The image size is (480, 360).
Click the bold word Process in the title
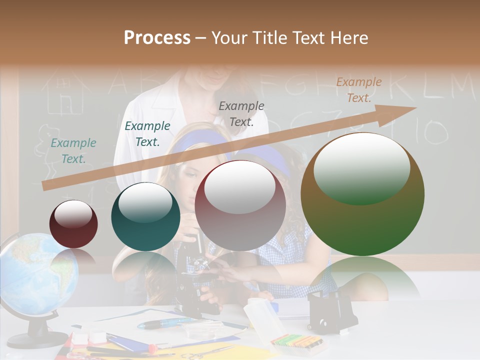click(157, 38)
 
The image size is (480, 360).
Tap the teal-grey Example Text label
click(73, 150)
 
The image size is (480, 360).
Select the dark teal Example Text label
click(147, 133)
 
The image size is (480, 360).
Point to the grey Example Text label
click(241, 113)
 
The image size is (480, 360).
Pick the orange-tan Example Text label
click(359, 90)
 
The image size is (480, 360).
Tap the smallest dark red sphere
click(73, 224)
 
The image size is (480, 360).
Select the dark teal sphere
click(145, 216)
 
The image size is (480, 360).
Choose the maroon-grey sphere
click(240, 205)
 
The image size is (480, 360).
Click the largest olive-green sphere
click(362, 195)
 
